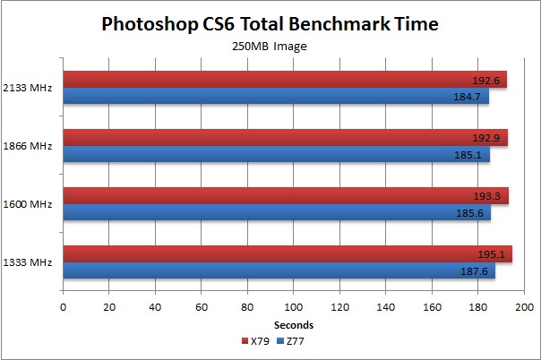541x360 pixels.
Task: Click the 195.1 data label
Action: tap(496, 253)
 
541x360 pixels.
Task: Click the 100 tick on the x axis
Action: tap(293, 307)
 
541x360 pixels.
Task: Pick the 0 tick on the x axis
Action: tap(63, 307)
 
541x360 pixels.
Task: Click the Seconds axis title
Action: tap(293, 325)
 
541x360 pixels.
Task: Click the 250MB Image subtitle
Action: tap(270, 46)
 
